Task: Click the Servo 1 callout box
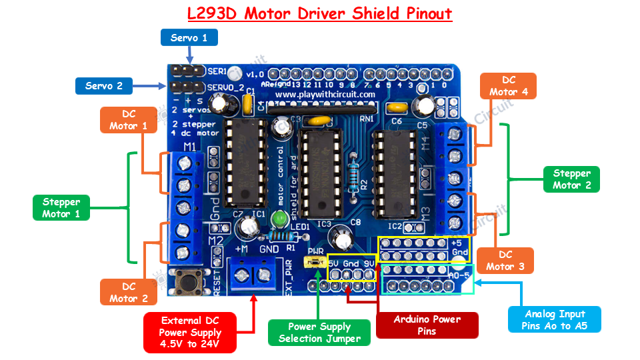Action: [x=189, y=37]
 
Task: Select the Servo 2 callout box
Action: [x=103, y=85]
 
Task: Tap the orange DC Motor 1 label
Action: [x=129, y=119]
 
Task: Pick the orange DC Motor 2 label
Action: [x=129, y=293]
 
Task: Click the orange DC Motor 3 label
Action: [x=505, y=261]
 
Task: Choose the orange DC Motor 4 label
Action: [x=509, y=86]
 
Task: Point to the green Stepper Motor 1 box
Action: [x=61, y=208]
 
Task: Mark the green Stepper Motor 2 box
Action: [x=571, y=179]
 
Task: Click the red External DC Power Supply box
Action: [x=191, y=332]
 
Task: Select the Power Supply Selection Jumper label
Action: [x=319, y=332]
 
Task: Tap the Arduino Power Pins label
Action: [x=427, y=325]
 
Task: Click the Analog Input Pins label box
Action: [x=554, y=319]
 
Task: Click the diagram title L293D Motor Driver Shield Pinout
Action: [x=319, y=13]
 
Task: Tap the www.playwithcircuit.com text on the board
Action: [x=325, y=95]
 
